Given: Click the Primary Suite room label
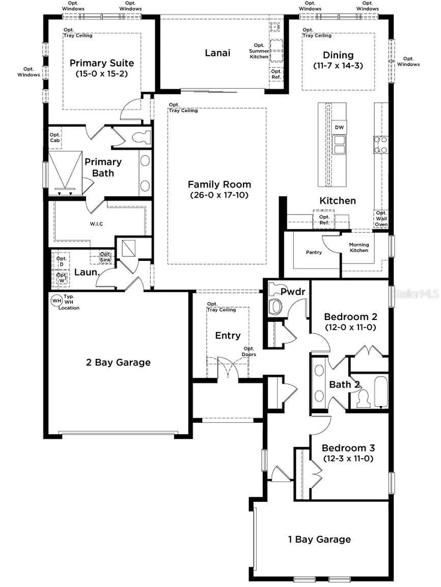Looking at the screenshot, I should pyautogui.click(x=102, y=63).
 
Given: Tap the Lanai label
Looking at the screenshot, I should pyautogui.click(x=217, y=53).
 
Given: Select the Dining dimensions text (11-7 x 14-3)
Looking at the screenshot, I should pyautogui.click(x=338, y=66).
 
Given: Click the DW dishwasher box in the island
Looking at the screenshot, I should pyautogui.click(x=339, y=127).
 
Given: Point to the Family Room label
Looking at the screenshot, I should pyautogui.click(x=219, y=184).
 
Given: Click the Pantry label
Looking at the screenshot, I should pyautogui.click(x=314, y=252).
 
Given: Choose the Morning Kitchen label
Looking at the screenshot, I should pyautogui.click(x=359, y=247).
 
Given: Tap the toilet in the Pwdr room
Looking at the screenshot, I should pyautogui.click(x=276, y=306).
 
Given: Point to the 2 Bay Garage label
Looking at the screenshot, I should pyautogui.click(x=118, y=363).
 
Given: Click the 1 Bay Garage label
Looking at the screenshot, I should pyautogui.click(x=318, y=539).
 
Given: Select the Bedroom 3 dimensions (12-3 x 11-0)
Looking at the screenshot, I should pyautogui.click(x=348, y=459).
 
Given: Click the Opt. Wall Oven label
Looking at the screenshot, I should pyautogui.click(x=381, y=219).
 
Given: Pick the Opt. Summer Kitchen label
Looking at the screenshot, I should pyautogui.click(x=259, y=51).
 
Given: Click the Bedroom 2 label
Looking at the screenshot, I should pyautogui.click(x=350, y=316).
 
